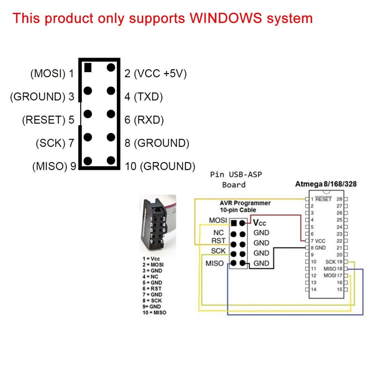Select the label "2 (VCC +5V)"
point(155,74)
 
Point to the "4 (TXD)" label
point(143,97)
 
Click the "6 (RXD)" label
point(144,120)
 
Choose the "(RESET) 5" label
point(48,120)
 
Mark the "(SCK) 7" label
point(55,143)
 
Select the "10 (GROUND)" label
point(160,166)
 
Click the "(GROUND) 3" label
point(42,97)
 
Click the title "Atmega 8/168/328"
point(326,184)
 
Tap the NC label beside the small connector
point(218,233)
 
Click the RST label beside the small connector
point(218,241)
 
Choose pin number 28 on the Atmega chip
point(339,199)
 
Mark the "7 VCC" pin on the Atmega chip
point(318,241)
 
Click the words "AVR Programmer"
point(245,203)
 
